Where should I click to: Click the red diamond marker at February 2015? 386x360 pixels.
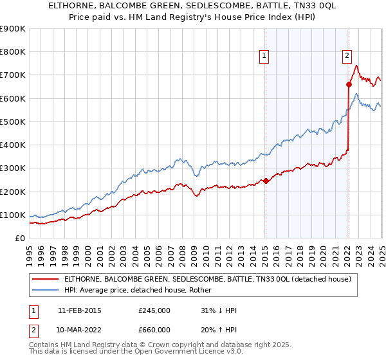pyautogui.click(x=266, y=181)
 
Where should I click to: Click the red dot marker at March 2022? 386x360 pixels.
pyautogui.click(x=349, y=84)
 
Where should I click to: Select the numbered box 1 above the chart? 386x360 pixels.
pyautogui.click(x=264, y=57)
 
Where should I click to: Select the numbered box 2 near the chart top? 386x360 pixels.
pyautogui.click(x=347, y=57)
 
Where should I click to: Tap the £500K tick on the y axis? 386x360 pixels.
pyautogui.click(x=12, y=122)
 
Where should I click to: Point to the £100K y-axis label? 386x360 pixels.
pyautogui.click(x=12, y=215)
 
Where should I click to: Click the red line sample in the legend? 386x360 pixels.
pyautogui.click(x=45, y=279)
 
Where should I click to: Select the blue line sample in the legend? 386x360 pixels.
pyautogui.click(x=45, y=290)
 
